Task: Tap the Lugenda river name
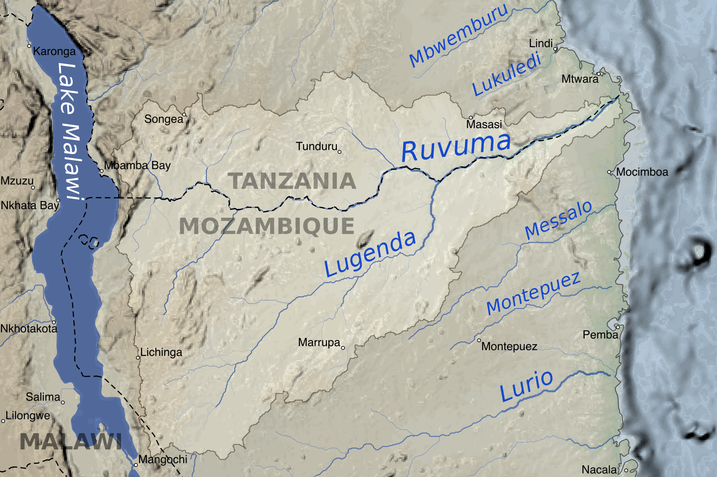[x=370, y=254]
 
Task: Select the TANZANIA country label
[x=292, y=182]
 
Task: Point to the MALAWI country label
[x=70, y=442]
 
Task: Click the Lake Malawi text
[x=70, y=131]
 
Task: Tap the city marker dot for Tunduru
[x=340, y=152]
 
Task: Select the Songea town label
[x=163, y=119]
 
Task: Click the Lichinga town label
[x=161, y=352]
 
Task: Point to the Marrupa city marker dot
[x=343, y=348]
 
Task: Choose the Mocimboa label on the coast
[x=642, y=172]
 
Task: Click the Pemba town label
[x=600, y=335]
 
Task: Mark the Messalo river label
[x=559, y=220]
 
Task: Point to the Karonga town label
[x=54, y=51]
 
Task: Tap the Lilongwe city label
[x=28, y=416]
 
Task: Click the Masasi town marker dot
[x=470, y=117]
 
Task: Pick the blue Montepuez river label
[x=533, y=294]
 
